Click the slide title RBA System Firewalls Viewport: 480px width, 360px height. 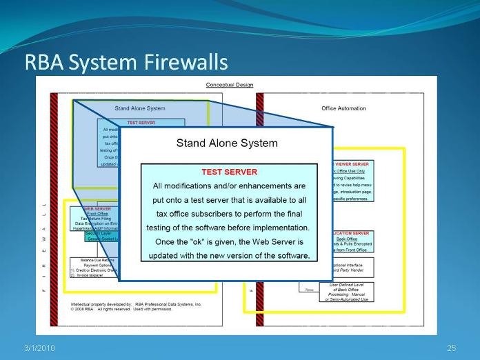126,62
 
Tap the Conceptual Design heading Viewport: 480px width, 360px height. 230,85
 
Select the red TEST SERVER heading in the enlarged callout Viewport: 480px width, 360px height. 229,172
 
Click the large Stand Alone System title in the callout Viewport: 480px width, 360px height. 227,143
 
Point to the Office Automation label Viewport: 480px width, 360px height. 343,108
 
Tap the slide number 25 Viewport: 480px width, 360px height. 452,347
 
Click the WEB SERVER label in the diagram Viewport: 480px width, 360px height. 97,208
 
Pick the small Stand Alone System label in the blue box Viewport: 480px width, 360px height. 140,108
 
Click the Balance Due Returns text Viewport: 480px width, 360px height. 97,259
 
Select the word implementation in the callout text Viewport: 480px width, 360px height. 282,228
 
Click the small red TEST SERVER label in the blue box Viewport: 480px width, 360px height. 141,123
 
